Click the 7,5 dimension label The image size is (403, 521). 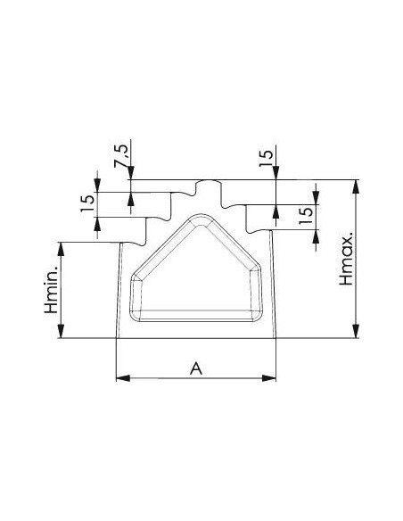[x=120, y=155]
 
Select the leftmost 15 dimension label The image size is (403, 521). [x=87, y=203]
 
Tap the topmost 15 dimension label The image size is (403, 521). [x=266, y=159]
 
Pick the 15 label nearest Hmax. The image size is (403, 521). [x=306, y=216]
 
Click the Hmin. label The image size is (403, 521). [x=52, y=289]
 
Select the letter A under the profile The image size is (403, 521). [x=196, y=368]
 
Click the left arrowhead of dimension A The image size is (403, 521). [x=123, y=378]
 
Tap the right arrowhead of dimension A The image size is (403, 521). [x=269, y=378]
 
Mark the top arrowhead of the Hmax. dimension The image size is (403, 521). [x=356, y=186]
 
